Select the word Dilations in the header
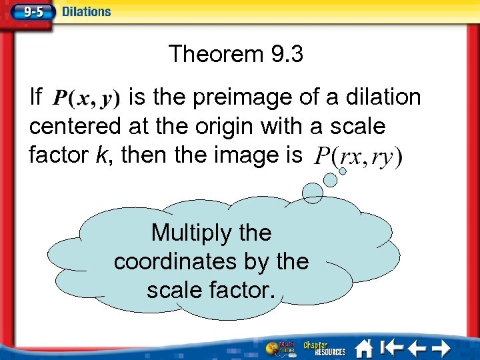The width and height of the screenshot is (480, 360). point(87,11)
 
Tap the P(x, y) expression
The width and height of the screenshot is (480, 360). point(86,99)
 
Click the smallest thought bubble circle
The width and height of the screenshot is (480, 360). point(343,171)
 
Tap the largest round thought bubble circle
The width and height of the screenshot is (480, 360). point(313,192)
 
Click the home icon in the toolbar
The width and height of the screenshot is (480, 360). point(364,348)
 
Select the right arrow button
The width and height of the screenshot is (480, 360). point(442,348)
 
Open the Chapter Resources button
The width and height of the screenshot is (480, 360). point(325,348)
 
